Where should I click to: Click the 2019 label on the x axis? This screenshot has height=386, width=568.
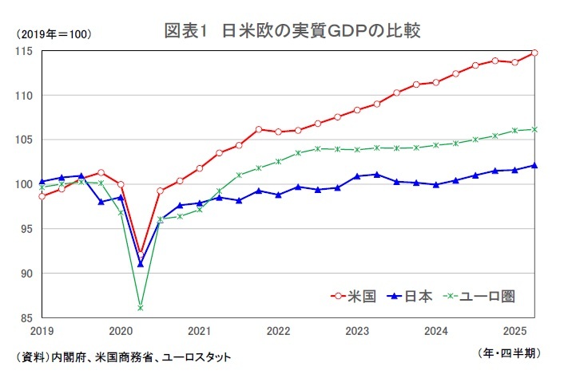click(x=42, y=330)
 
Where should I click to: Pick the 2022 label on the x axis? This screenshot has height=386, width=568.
click(x=278, y=330)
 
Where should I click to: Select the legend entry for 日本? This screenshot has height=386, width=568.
click(x=420, y=296)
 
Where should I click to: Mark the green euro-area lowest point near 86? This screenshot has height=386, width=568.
click(x=141, y=308)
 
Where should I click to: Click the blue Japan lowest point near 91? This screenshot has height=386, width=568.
click(x=141, y=264)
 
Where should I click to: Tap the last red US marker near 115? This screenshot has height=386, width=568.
click(x=534, y=53)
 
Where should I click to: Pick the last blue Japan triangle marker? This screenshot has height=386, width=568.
click(x=534, y=166)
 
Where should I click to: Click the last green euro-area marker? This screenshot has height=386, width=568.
click(x=534, y=129)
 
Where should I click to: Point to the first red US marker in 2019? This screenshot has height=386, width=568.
click(x=42, y=196)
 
